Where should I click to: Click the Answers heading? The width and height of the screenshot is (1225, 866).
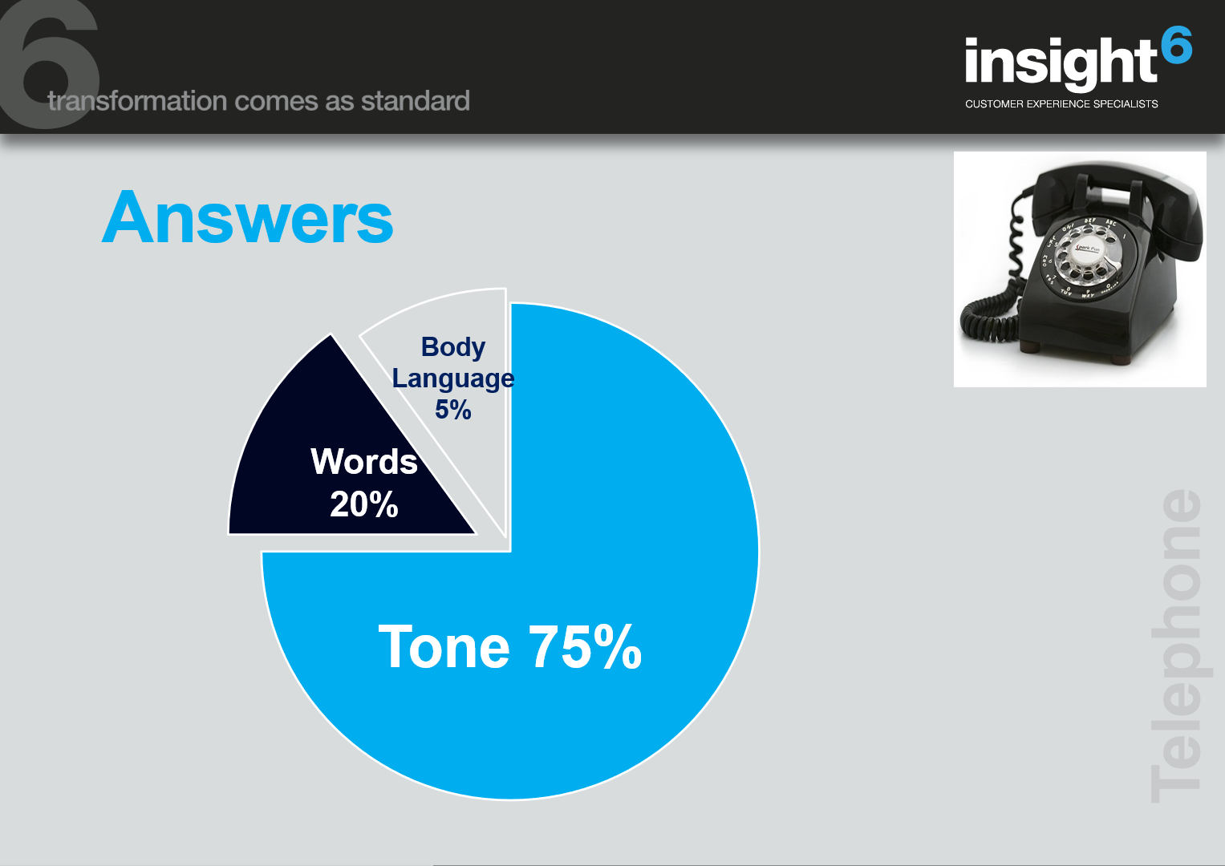[x=247, y=217]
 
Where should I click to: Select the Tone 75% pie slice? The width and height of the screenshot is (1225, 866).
[x=547, y=629]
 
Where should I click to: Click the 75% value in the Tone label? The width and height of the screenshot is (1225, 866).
[x=585, y=646]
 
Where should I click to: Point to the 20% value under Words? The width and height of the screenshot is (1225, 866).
[x=363, y=504]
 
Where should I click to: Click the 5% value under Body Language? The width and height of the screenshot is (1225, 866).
[x=452, y=410]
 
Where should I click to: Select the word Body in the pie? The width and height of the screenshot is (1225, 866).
[x=452, y=347]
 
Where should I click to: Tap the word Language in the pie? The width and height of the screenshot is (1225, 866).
[x=452, y=378]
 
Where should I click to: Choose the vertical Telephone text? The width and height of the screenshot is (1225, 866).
[x=1176, y=645]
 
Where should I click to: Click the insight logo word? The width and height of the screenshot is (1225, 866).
[x=1061, y=63]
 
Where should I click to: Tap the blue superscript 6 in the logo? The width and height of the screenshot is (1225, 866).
[x=1176, y=45]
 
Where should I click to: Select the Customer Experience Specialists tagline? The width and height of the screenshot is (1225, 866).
[x=1061, y=104]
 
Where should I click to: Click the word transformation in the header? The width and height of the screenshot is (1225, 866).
[x=137, y=101]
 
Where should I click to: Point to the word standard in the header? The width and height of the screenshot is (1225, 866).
[x=415, y=101]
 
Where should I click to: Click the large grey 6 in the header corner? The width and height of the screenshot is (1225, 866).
[x=49, y=64]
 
